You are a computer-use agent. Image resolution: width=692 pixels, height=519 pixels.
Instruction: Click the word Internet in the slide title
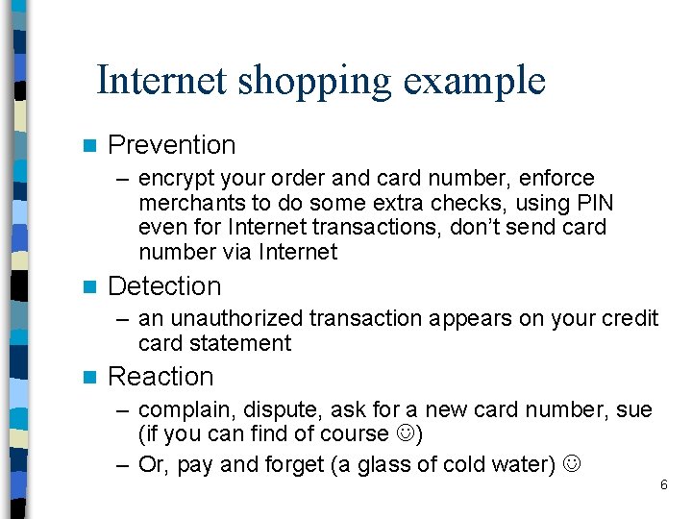pyautogui.click(x=161, y=81)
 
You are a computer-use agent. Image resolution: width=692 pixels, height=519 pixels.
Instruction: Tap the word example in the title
pyautogui.click(x=475, y=83)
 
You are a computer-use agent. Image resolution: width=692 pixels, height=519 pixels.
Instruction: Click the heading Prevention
pyautogui.click(x=171, y=145)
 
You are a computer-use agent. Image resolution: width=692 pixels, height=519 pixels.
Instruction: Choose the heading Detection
pyautogui.click(x=164, y=286)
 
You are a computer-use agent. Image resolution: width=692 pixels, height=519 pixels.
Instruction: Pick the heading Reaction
pyautogui.click(x=161, y=377)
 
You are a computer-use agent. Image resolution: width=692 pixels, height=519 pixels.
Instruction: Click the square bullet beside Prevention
pyautogui.click(x=90, y=146)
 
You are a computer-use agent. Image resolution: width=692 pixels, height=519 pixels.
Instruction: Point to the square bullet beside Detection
pyautogui.click(x=90, y=287)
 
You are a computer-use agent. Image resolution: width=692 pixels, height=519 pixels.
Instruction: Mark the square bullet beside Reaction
pyautogui.click(x=90, y=378)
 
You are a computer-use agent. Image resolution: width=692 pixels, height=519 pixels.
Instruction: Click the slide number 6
pyautogui.click(x=663, y=485)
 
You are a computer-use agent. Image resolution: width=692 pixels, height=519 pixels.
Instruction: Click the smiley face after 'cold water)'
pyautogui.click(x=574, y=465)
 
